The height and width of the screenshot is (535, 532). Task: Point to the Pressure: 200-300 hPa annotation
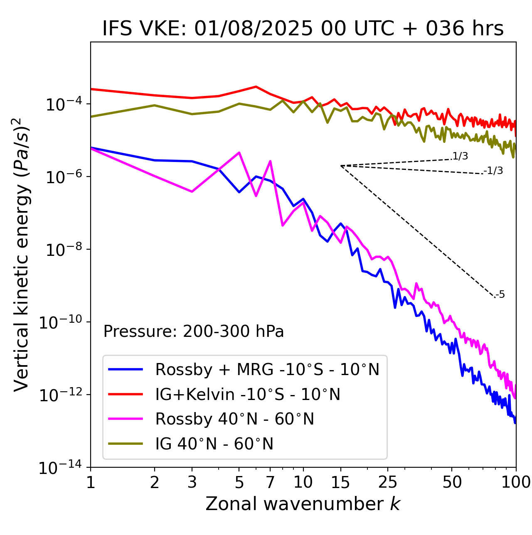tap(193, 331)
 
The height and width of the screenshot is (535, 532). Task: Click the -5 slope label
tap(500, 295)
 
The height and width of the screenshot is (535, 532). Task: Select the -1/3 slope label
tap(493, 171)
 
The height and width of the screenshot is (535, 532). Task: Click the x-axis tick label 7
tap(270, 482)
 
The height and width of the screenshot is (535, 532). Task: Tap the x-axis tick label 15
tap(340, 482)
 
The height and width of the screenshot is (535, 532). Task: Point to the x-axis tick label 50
tap(452, 482)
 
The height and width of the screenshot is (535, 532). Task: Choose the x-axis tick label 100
tap(516, 482)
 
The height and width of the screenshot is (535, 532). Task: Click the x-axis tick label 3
tap(192, 482)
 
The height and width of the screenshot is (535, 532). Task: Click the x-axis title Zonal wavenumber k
tap(303, 504)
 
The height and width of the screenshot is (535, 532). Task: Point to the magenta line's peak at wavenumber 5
tap(239, 152)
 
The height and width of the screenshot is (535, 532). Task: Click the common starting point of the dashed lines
tap(341, 166)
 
